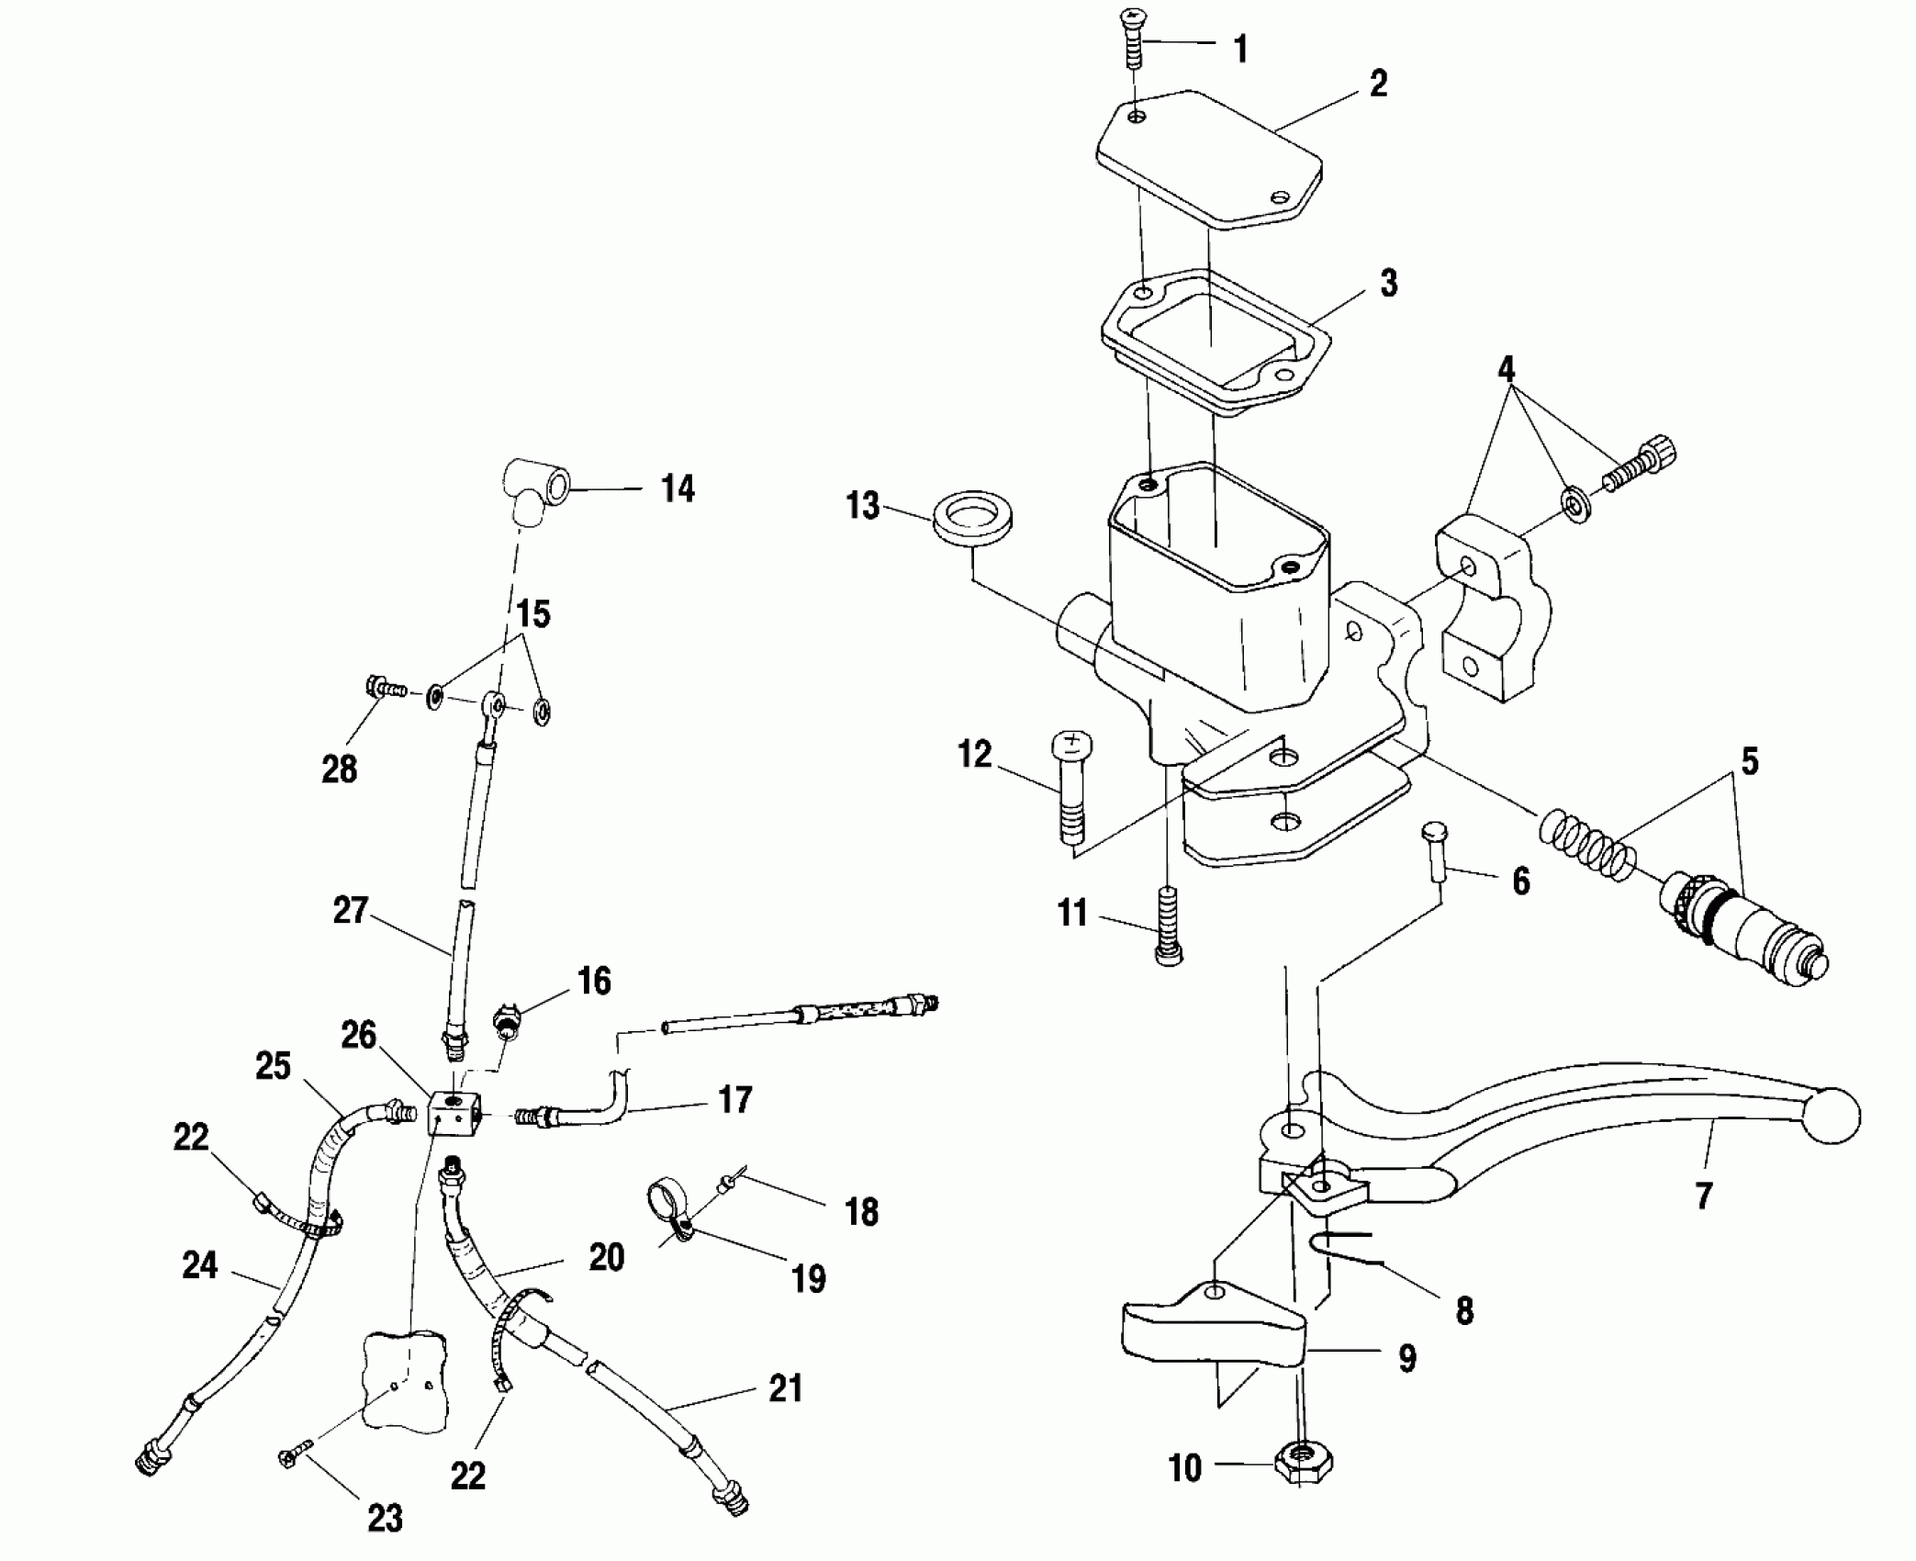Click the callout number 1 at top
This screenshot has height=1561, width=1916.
point(1240,49)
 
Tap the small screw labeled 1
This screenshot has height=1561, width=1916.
point(1132,37)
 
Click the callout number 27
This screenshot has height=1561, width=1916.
point(350,911)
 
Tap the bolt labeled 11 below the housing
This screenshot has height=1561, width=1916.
point(1167,926)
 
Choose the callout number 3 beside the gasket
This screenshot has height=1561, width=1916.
point(1388,283)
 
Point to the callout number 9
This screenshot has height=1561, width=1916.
point(1406,1357)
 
